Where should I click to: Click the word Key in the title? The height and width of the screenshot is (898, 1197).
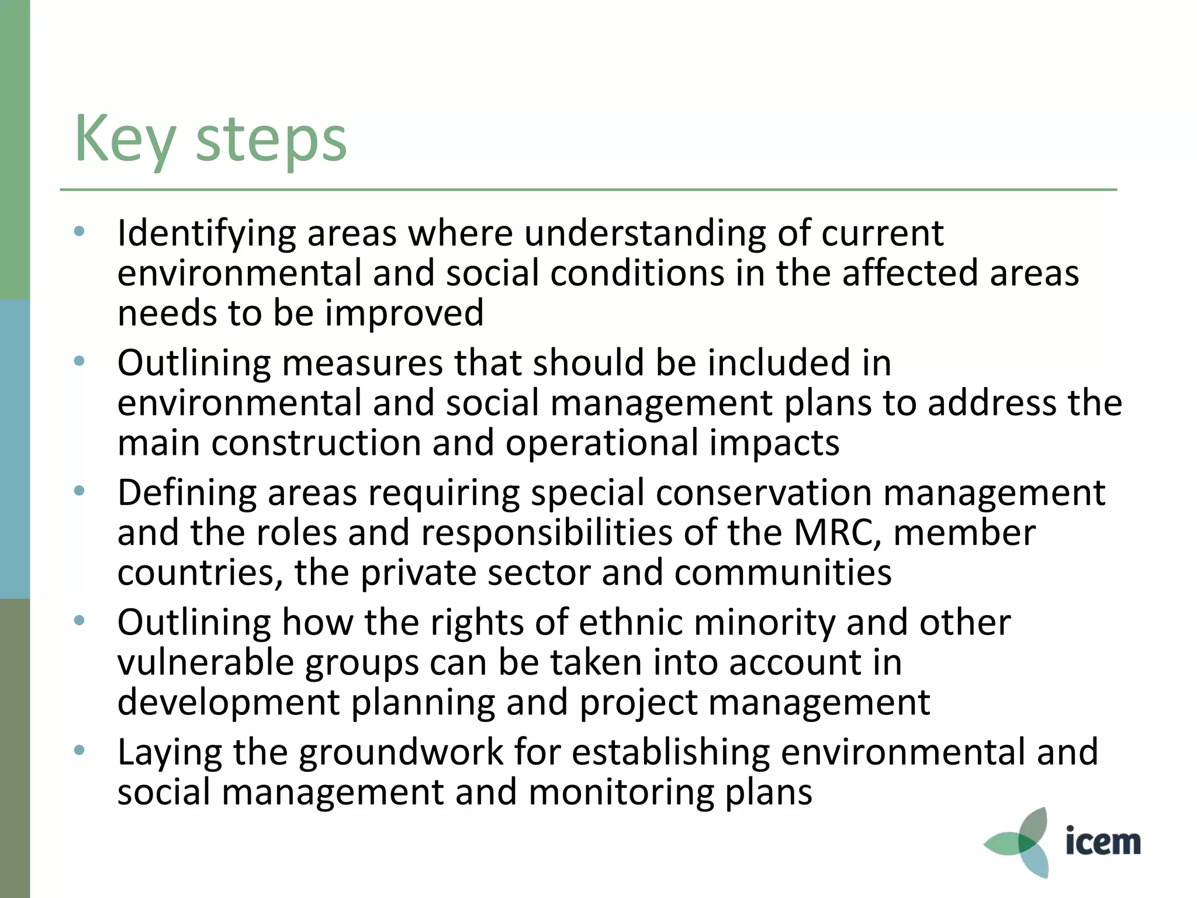click(x=124, y=139)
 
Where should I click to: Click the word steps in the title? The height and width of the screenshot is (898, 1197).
click(x=271, y=140)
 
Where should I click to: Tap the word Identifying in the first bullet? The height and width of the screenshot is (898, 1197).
click(x=206, y=234)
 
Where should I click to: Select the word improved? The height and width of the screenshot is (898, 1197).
click(x=404, y=313)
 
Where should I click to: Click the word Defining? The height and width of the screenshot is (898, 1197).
click(x=186, y=493)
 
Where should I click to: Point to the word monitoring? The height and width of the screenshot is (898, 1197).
click(x=621, y=793)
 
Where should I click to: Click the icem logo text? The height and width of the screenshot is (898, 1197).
click(x=1102, y=842)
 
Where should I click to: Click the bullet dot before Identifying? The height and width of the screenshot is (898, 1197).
click(x=79, y=232)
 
